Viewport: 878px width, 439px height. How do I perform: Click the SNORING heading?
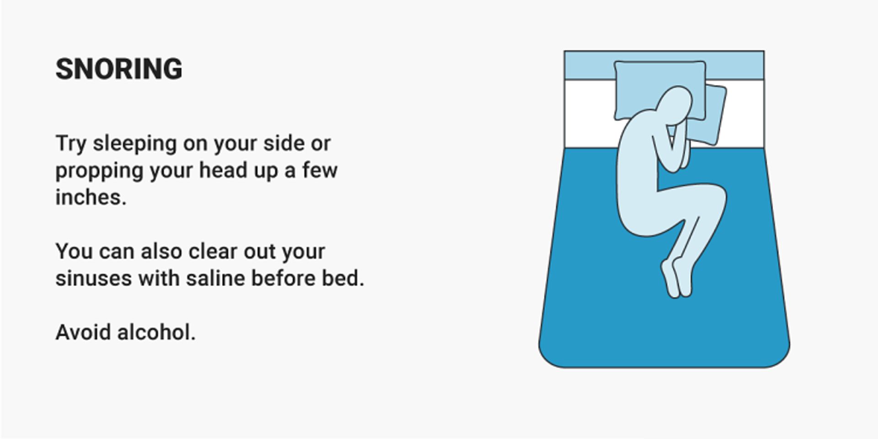click(x=119, y=69)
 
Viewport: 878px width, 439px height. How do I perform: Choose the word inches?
click(x=91, y=198)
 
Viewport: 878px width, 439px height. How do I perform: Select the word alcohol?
click(x=156, y=332)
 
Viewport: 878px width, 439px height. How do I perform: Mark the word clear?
click(x=212, y=252)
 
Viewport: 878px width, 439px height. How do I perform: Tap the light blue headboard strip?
click(x=664, y=65)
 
